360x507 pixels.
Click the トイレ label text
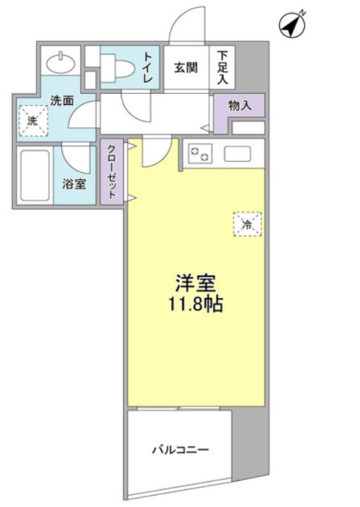[x=148, y=67]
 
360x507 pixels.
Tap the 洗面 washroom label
[x=61, y=101]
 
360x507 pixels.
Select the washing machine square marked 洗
[x=32, y=121]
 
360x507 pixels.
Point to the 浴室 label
[x=74, y=182]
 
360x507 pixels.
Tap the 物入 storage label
[x=240, y=106]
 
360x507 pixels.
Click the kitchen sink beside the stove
[x=238, y=155]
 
